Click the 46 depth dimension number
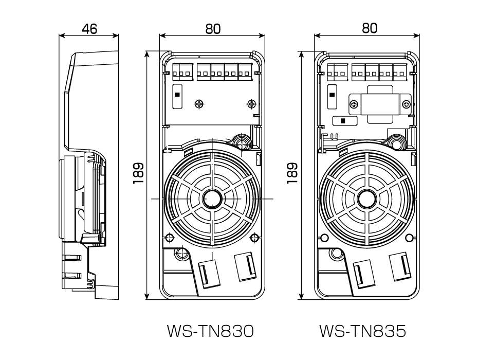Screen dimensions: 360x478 (89, 29)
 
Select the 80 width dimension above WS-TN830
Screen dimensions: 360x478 (213, 29)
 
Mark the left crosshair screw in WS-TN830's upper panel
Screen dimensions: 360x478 (199, 104)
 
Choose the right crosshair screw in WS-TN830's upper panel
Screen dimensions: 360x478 (251, 104)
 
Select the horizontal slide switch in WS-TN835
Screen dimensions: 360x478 (340, 120)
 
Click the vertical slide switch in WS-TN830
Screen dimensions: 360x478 (176, 96)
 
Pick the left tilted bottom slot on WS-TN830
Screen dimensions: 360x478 (209, 273)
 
